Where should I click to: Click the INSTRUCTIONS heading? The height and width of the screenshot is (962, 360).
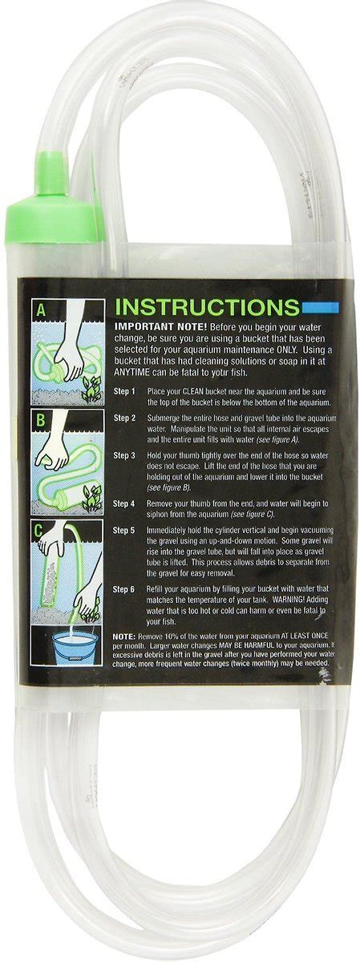207,306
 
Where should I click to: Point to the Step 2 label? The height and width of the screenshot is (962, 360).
124,418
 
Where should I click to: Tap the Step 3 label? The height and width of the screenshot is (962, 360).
124,455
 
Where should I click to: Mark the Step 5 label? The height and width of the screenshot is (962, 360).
124,531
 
